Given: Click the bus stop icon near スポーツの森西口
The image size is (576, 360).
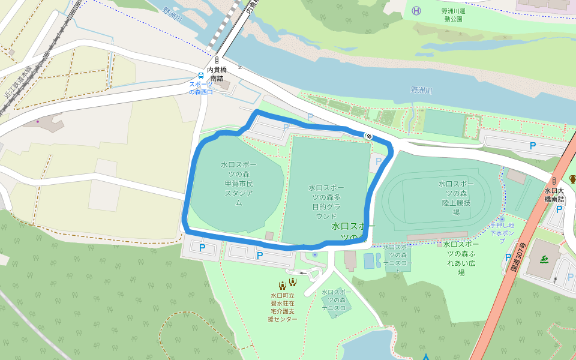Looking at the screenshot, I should point(200,76).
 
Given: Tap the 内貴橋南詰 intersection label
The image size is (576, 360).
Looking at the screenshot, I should point(216,74).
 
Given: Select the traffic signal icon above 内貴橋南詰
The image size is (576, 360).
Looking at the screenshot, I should point(216,61).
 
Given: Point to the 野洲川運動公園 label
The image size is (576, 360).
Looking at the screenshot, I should point(461,14).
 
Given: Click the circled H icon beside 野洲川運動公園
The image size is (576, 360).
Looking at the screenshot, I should point(416,10).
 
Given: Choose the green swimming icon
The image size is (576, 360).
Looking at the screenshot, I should point(544,259).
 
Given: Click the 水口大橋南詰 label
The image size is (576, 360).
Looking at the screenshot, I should point(554,194).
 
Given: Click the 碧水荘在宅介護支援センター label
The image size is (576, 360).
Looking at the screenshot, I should point(283,307).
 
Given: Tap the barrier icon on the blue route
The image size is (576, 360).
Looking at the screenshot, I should point(368,136).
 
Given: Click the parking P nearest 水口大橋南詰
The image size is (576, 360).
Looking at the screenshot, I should point(559,209).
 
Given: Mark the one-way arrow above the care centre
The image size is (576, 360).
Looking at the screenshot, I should point(302,273).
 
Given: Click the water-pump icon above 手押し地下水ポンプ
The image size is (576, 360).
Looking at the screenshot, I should point(502,219).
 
